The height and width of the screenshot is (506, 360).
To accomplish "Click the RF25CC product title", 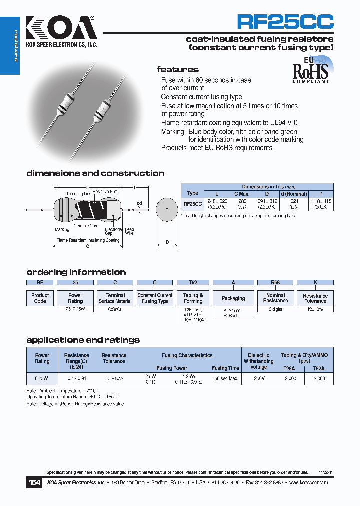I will (x=285, y=22).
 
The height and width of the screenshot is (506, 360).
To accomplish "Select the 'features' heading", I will (x=177, y=70).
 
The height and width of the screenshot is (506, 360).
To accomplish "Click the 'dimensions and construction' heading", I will (x=95, y=173).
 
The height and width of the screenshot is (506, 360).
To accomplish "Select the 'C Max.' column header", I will (x=242, y=193).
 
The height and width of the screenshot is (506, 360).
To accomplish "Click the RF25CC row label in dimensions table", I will (x=193, y=204).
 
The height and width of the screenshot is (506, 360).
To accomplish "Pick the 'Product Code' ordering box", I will (x=40, y=298).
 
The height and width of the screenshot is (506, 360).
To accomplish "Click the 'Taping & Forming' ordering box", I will (x=193, y=298).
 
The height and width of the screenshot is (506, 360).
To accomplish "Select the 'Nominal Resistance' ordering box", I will (x=275, y=298).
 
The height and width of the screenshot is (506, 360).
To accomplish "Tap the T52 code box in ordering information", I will (x=193, y=282).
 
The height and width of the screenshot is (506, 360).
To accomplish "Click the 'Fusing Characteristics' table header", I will (x=187, y=355).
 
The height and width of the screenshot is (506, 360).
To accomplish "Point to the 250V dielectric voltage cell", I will (x=258, y=379).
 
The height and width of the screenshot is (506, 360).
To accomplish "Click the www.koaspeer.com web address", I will (x=308, y=483).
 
